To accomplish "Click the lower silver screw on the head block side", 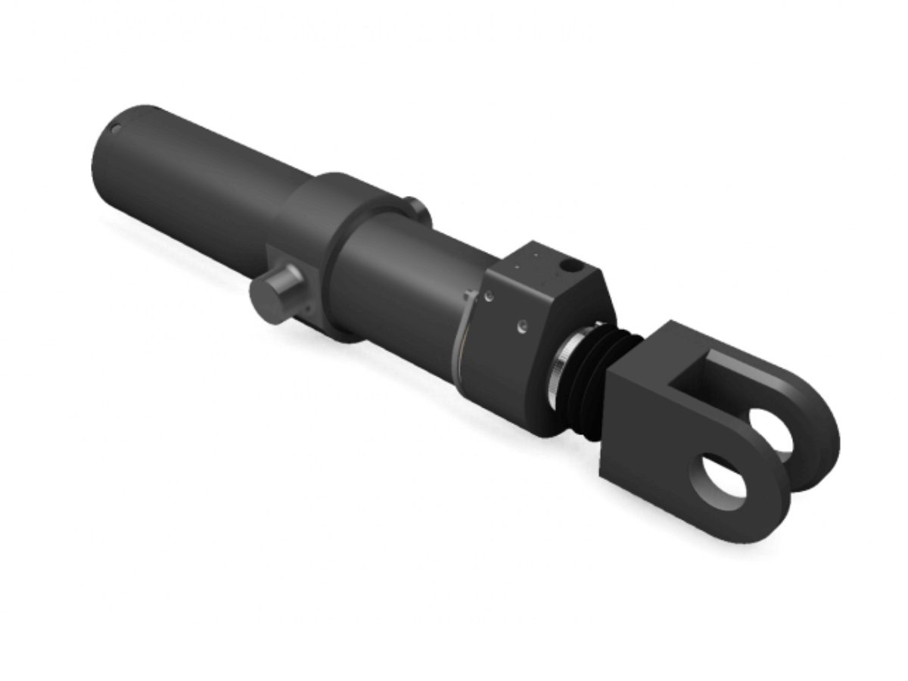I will [521, 327].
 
